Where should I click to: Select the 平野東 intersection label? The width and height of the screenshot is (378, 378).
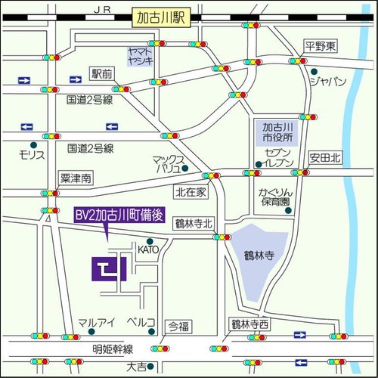click(319, 46)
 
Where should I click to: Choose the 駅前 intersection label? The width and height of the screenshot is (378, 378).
click(102, 73)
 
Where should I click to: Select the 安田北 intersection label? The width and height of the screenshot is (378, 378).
click(325, 158)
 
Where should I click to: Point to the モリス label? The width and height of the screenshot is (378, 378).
click(33, 155)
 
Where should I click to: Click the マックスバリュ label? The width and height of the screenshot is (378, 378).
click(169, 165)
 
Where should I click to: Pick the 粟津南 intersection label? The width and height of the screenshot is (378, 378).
click(76, 178)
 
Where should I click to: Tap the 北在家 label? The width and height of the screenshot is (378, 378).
click(191, 192)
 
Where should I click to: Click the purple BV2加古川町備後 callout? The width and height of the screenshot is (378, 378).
click(119, 215)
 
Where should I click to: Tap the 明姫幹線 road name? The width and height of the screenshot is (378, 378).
click(113, 349)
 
